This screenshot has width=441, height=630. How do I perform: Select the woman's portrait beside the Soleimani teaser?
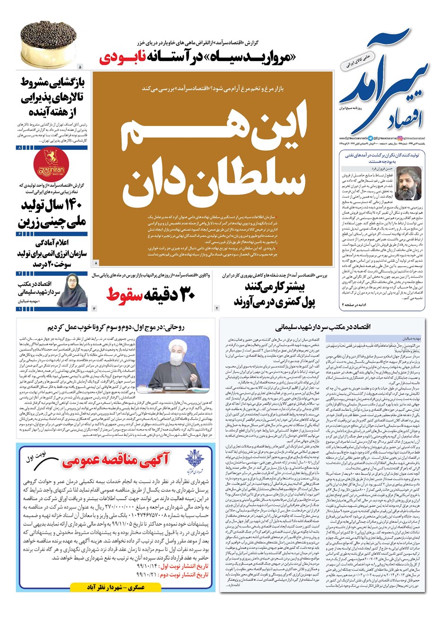75,290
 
